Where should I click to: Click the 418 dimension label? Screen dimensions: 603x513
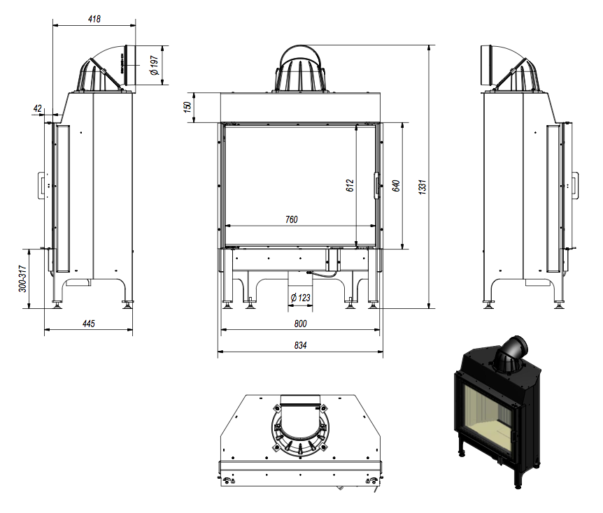[94, 19]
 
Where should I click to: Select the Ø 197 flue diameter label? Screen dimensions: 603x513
[155, 66]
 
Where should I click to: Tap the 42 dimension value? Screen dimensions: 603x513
[38, 109]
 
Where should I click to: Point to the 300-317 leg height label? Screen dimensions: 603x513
[23, 277]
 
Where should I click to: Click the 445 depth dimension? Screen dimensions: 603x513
[88, 324]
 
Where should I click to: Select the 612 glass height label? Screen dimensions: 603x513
[350, 185]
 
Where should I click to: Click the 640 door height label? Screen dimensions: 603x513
[396, 185]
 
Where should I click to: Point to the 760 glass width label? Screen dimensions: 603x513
[291, 219]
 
